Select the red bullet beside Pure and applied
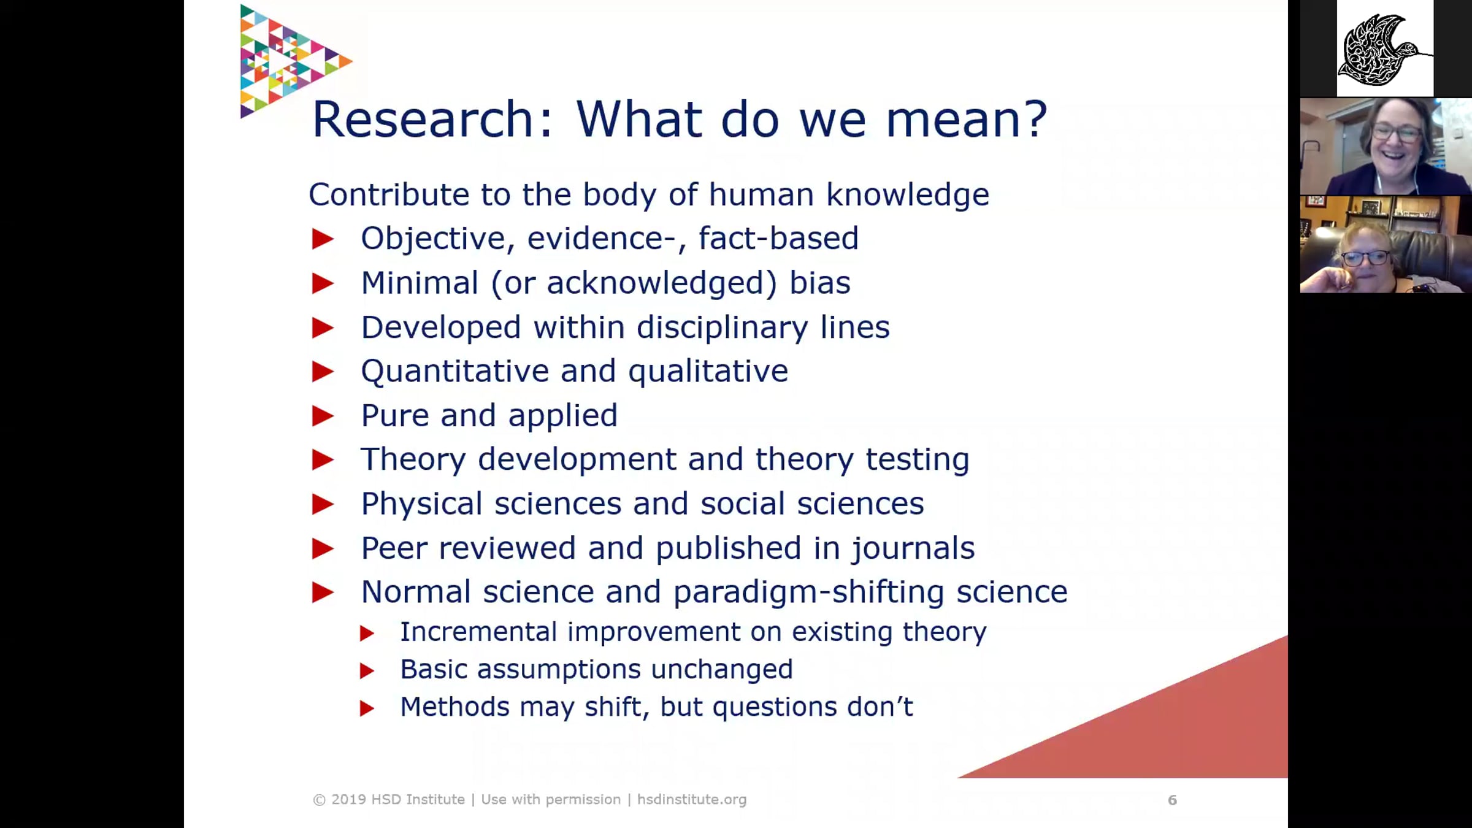coord(323,416)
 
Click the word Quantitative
coord(454,372)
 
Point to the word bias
coord(819,283)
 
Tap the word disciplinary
coord(722,328)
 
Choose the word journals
coord(912,548)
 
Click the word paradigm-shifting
coord(808,592)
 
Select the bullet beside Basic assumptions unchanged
coord(367,671)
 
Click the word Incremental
coord(478,632)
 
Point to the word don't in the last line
coord(880,707)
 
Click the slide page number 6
coord(1172,800)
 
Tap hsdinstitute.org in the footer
coord(692,800)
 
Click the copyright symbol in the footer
coord(319,800)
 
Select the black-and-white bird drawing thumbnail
coord(1385,48)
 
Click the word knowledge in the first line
coord(908,195)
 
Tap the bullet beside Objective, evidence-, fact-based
coord(323,239)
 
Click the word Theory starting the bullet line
coord(413,460)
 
